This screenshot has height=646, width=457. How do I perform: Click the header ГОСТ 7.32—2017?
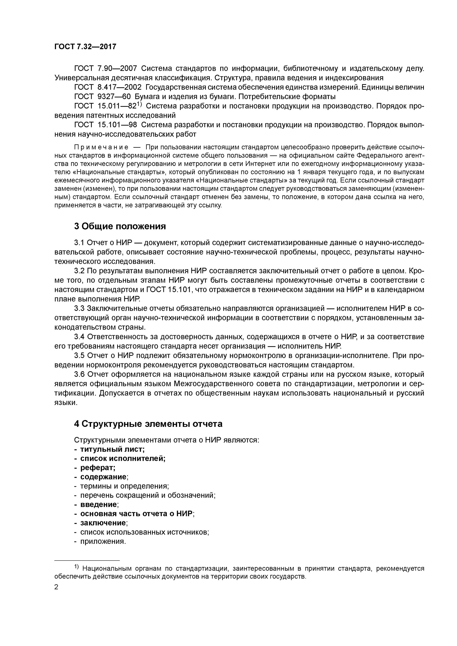[85, 47]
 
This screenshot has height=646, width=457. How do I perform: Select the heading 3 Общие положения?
[120, 226]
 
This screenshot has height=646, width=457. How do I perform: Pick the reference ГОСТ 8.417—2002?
[108, 87]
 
